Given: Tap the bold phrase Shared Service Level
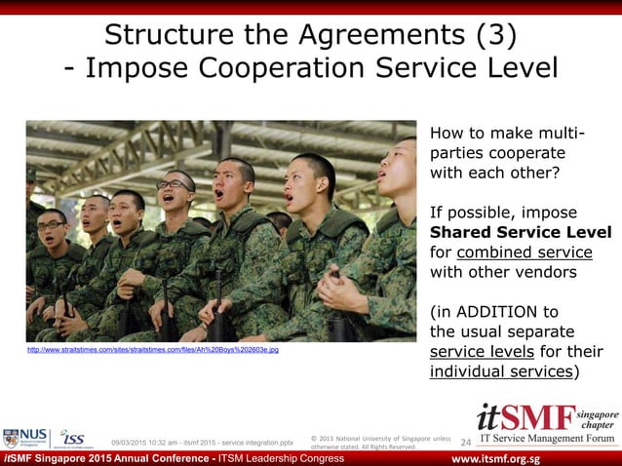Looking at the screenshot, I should tap(521, 232).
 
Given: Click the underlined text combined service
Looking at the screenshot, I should tap(524, 252).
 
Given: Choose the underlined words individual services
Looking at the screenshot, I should tap(501, 371).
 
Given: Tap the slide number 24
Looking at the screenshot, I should tap(465, 443).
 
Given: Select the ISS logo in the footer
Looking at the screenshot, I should tap(70, 439).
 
